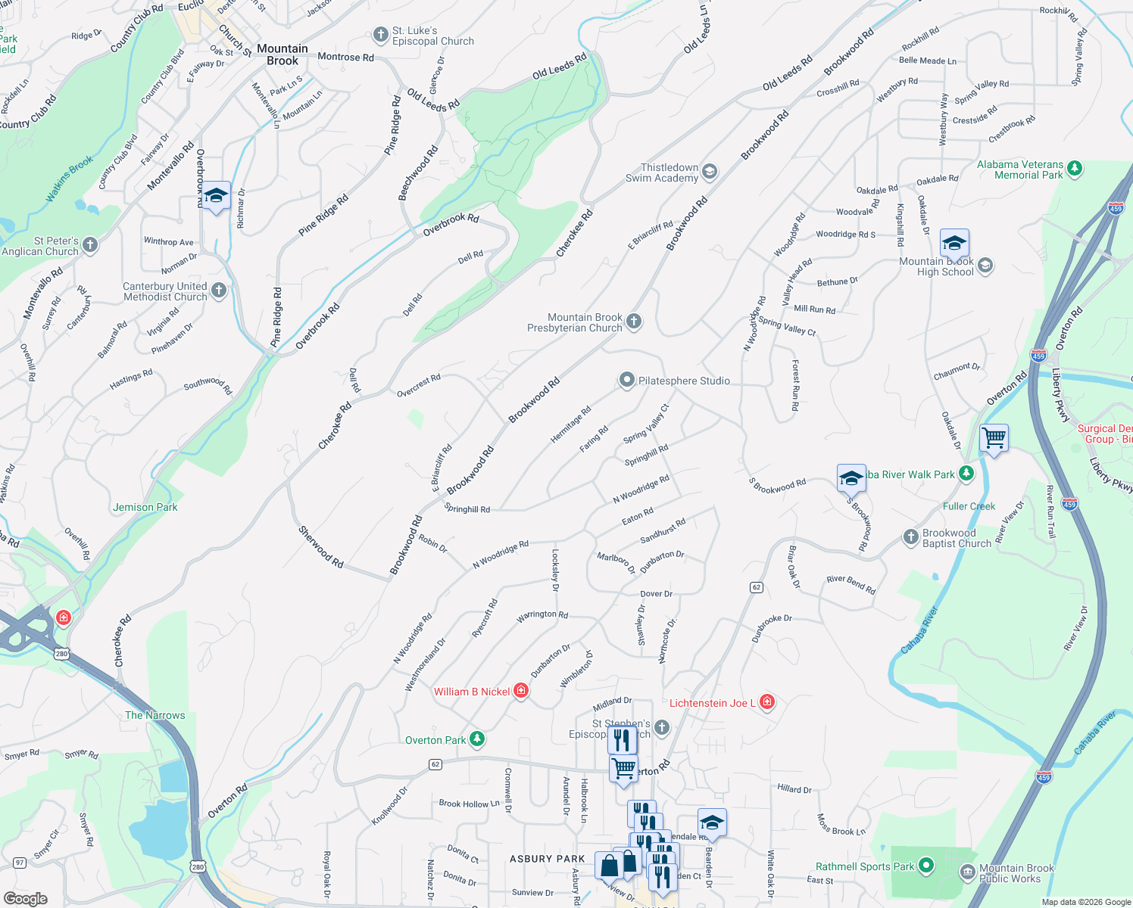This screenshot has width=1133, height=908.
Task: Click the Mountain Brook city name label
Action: (x=282, y=54)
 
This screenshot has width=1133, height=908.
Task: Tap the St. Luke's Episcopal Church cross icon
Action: (x=381, y=36)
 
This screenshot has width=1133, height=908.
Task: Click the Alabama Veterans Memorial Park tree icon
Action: (x=1075, y=169)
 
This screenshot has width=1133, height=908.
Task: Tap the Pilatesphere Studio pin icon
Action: (x=626, y=380)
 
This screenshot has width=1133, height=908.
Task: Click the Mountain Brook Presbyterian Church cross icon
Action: (x=634, y=322)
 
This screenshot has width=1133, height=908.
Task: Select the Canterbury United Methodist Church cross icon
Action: (x=219, y=291)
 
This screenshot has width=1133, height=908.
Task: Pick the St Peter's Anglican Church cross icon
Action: (x=90, y=244)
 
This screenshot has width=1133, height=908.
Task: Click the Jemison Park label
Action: (x=145, y=507)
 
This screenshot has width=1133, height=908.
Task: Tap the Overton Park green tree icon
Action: (x=476, y=739)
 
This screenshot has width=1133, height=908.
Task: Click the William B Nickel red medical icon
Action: (x=521, y=691)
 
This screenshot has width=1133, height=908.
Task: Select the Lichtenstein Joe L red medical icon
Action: (x=766, y=702)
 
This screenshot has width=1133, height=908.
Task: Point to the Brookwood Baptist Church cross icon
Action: (x=911, y=537)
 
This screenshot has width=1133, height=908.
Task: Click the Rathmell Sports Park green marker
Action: (x=926, y=866)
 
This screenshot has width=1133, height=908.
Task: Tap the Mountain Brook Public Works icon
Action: (x=967, y=872)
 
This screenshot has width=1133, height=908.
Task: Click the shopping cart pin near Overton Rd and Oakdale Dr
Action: (x=994, y=438)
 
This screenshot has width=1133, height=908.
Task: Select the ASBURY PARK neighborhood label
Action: (x=548, y=859)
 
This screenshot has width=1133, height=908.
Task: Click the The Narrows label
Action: (x=155, y=715)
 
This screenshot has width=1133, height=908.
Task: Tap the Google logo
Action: (x=26, y=898)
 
